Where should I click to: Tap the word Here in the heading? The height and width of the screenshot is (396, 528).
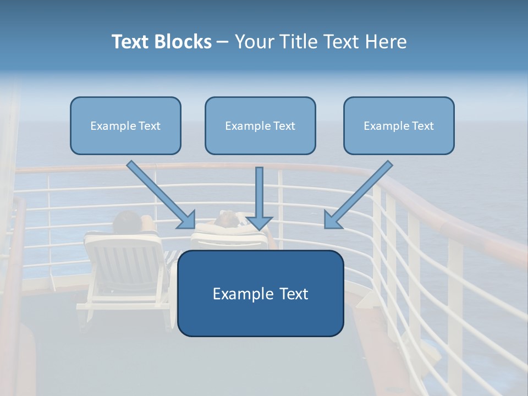point(386,42)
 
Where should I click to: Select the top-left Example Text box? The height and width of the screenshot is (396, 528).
point(125,125)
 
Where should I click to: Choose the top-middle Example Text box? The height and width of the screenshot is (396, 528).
point(260,125)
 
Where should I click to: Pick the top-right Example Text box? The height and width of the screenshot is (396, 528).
point(399,125)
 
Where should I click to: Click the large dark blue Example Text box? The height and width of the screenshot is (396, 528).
point(260,293)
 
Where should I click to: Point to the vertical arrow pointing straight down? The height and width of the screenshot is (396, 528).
point(259,198)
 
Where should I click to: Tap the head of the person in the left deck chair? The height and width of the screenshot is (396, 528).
point(127,221)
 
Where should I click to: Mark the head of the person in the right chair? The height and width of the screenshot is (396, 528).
point(226,219)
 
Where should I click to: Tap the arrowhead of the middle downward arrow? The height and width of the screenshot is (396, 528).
point(259,223)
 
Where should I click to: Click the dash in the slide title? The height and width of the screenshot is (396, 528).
point(223,42)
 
